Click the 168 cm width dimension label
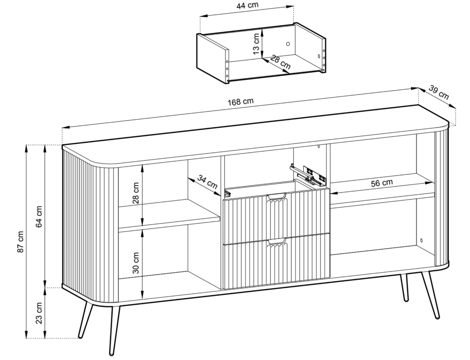pyautogui.click(x=240, y=102)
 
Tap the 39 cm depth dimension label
pyautogui.click(x=439, y=93)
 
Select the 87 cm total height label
pyautogui.click(x=20, y=241)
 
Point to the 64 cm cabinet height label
pyautogui.click(x=39, y=216)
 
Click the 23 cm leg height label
pyautogui.click(x=39, y=313)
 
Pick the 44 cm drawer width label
pyautogui.click(x=247, y=5)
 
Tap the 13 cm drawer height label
pyautogui.click(x=256, y=44)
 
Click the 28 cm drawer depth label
pyautogui.click(x=280, y=62)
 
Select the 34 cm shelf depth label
pyautogui.click(x=207, y=182)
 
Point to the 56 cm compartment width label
pyautogui.click(x=382, y=183)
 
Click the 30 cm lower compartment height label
pyautogui.click(x=136, y=263)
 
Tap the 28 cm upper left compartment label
pyautogui.click(x=136, y=193)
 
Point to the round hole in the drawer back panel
pyautogui.click(x=288, y=44)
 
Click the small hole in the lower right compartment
pyautogui.click(x=421, y=240)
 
